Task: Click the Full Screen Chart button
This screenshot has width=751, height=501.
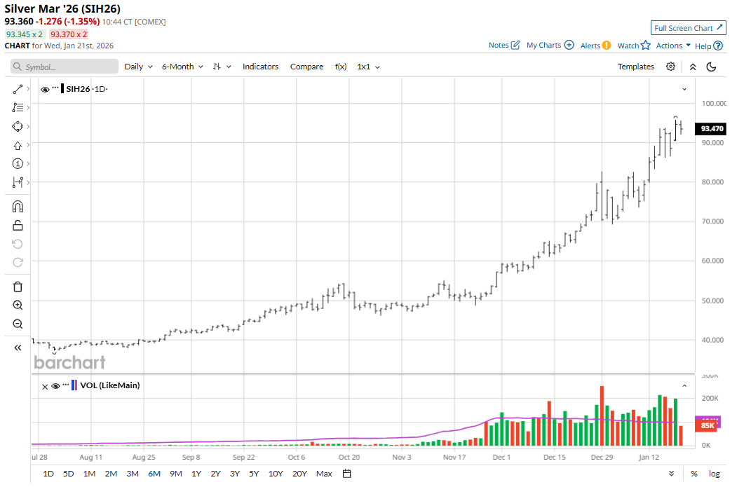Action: click(688, 28)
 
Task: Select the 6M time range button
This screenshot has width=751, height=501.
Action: click(154, 474)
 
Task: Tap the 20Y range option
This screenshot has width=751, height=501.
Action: click(299, 474)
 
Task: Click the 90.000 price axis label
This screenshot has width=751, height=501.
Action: click(714, 142)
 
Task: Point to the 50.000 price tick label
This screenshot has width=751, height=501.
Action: click(714, 301)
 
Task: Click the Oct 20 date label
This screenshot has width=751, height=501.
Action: click(349, 457)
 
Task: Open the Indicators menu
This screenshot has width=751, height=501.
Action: click(260, 67)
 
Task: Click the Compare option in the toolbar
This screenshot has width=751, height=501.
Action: click(306, 67)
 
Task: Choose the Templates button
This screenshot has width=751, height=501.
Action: click(635, 67)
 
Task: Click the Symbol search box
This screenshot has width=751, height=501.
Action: click(65, 67)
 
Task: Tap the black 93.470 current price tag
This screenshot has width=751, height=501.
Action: click(711, 129)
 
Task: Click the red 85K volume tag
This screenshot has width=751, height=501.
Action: click(706, 425)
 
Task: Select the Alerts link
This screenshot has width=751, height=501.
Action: click(595, 46)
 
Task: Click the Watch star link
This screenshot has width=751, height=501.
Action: click(634, 46)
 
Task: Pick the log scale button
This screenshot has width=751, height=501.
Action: click(714, 474)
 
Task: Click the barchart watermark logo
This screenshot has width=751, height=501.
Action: click(69, 362)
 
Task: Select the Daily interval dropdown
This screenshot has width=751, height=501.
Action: click(137, 67)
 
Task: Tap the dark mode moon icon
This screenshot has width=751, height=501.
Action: click(711, 67)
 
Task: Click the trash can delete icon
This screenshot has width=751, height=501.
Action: click(18, 287)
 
